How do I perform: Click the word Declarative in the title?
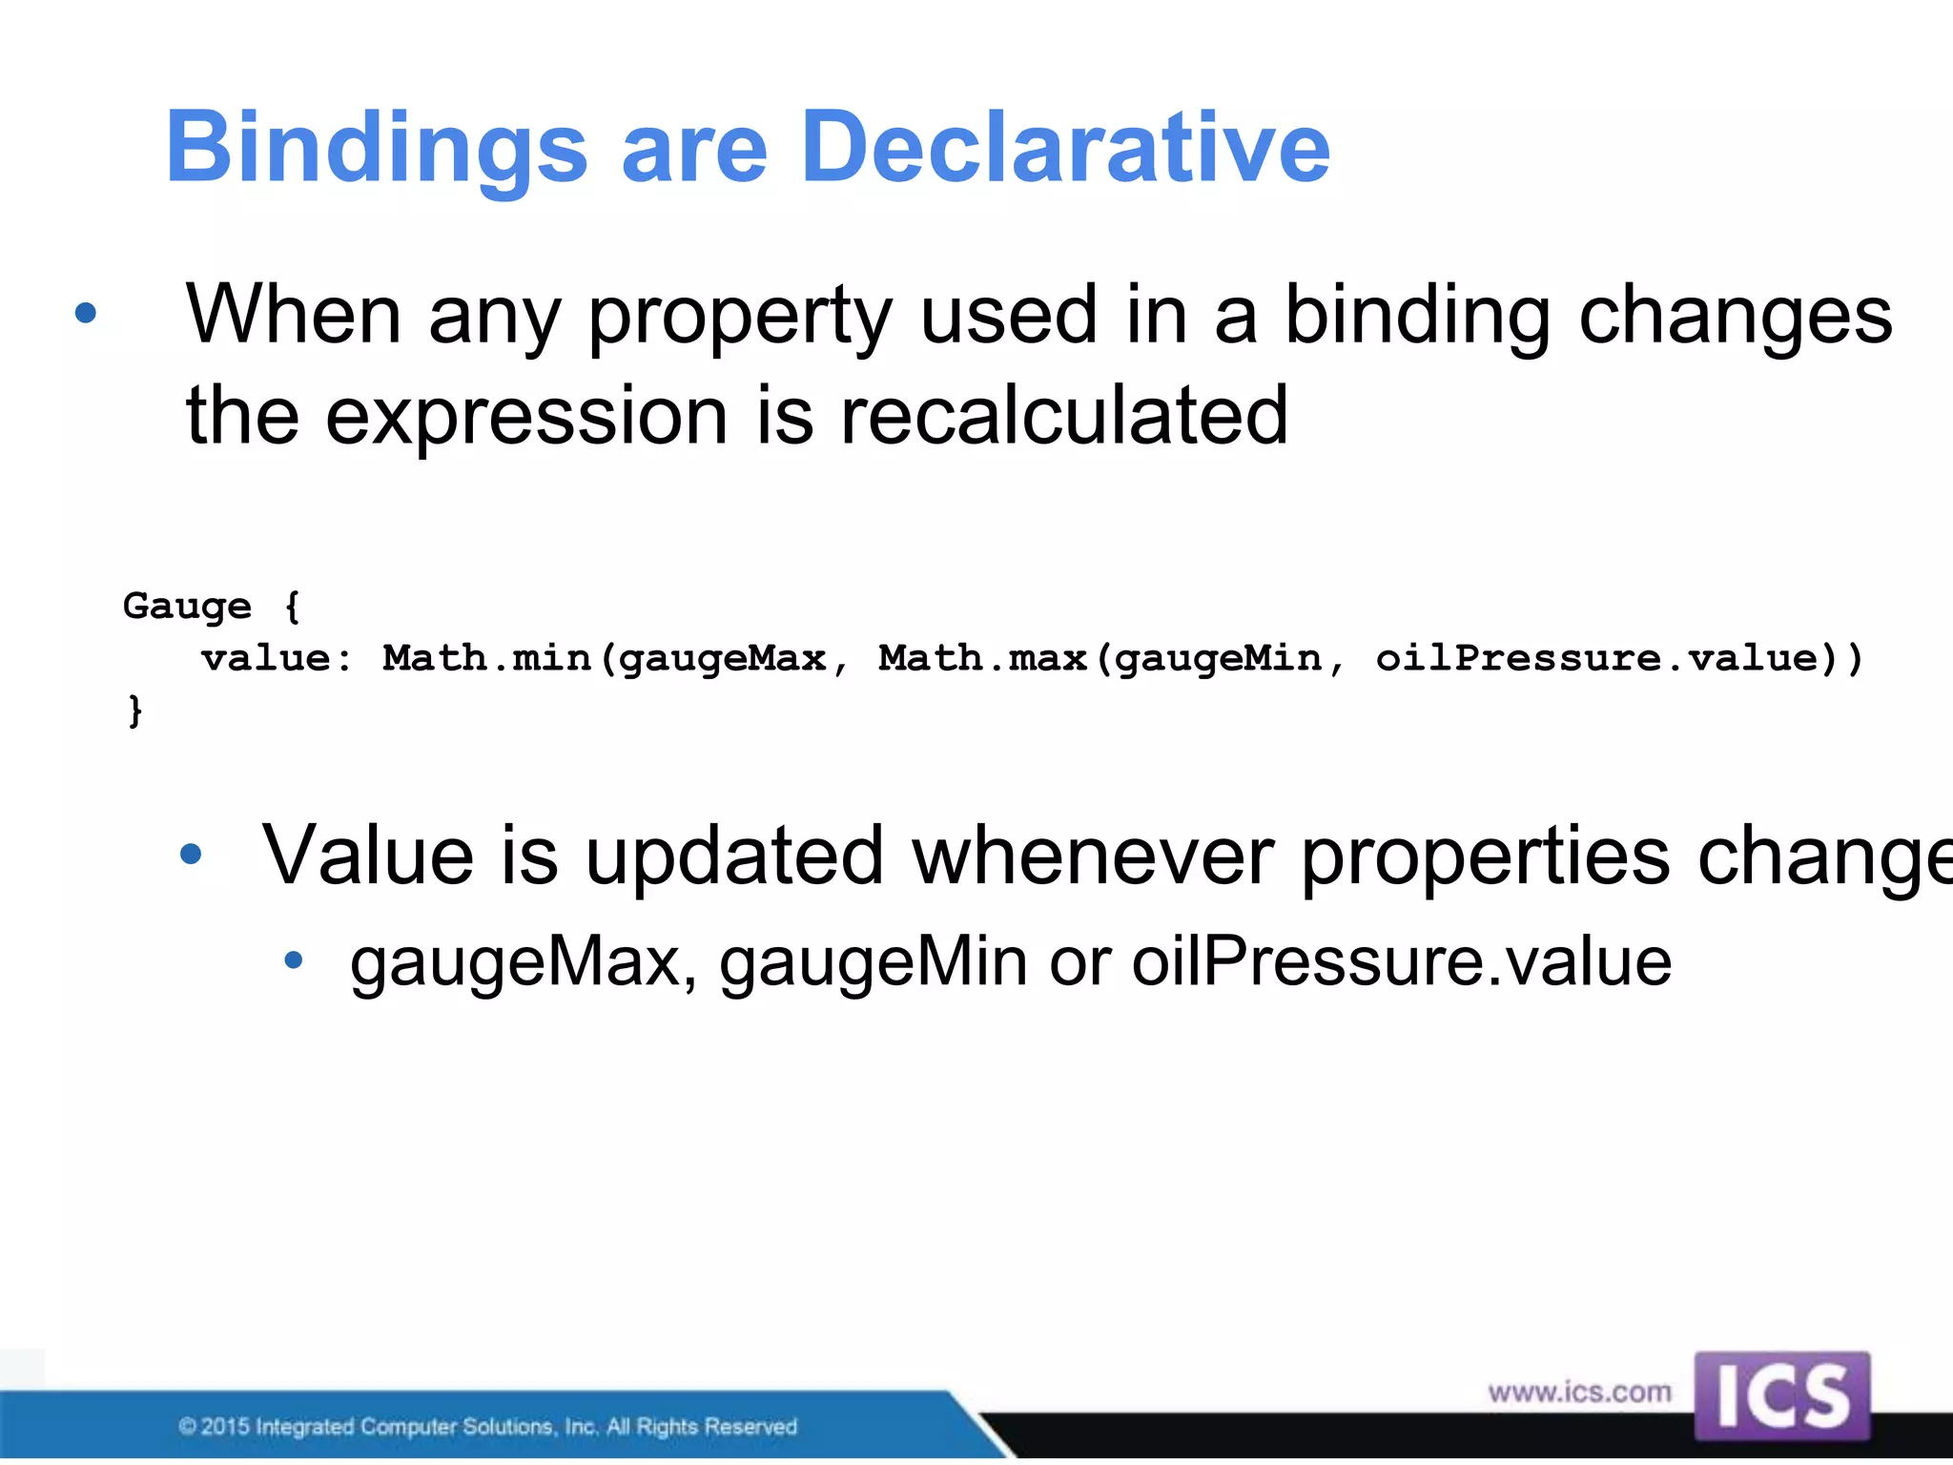pyautogui.click(x=1065, y=147)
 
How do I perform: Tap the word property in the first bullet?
pyautogui.click(x=739, y=318)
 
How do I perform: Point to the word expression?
pyautogui.click(x=526, y=417)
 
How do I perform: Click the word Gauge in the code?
pyautogui.click(x=187, y=607)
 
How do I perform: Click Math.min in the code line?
pyautogui.click(x=486, y=658)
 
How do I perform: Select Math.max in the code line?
pyautogui.click(x=982, y=658)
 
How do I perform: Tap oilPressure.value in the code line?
pyautogui.click(x=1598, y=658)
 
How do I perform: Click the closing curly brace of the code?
pyautogui.click(x=135, y=711)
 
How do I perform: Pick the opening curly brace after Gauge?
pyautogui.click(x=292, y=607)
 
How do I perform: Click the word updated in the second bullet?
pyautogui.click(x=734, y=856)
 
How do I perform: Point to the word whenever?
pyautogui.click(x=1093, y=856)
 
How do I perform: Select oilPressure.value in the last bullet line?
pyautogui.click(x=1401, y=961)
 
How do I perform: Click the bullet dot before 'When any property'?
pyautogui.click(x=86, y=313)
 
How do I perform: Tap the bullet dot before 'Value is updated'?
pyautogui.click(x=191, y=855)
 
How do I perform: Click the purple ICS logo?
pyautogui.click(x=1781, y=1395)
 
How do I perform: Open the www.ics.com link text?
pyautogui.click(x=1579, y=1393)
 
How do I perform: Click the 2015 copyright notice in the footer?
pyautogui.click(x=487, y=1427)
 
